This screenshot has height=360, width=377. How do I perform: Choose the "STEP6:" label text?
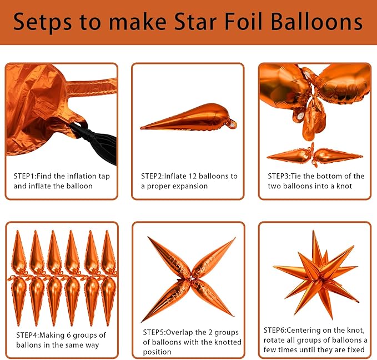point(280,329)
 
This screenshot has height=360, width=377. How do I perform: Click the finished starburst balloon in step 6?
point(314,271)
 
